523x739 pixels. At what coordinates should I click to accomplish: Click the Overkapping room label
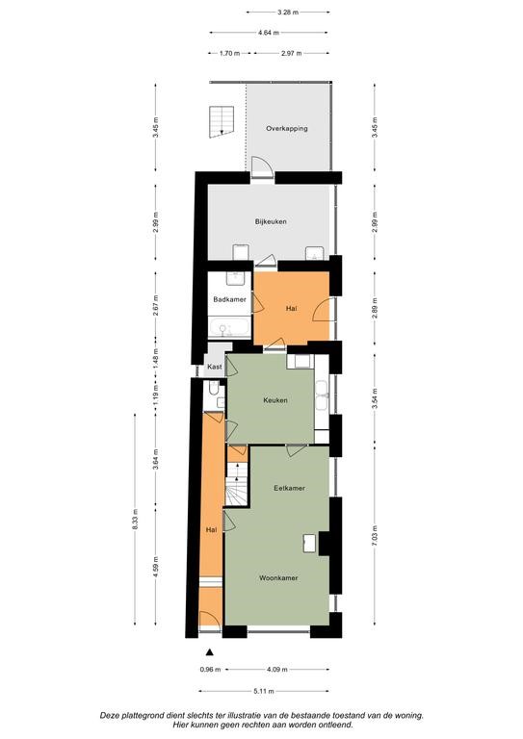pyautogui.click(x=287, y=128)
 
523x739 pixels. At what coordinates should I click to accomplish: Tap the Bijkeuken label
pyautogui.click(x=271, y=221)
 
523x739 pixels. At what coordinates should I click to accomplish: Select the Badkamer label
pyautogui.click(x=229, y=299)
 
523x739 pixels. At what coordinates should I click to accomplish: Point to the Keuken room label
pyautogui.click(x=275, y=400)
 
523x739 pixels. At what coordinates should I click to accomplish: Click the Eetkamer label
pyautogui.click(x=289, y=488)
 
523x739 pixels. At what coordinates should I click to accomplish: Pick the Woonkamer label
pyautogui.click(x=278, y=577)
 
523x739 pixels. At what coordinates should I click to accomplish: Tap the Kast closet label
pyautogui.click(x=215, y=367)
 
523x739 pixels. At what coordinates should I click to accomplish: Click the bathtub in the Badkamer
pyautogui.click(x=229, y=328)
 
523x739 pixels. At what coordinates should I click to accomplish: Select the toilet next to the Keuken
pyautogui.click(x=213, y=389)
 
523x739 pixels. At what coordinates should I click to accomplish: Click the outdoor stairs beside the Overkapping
pyautogui.click(x=222, y=121)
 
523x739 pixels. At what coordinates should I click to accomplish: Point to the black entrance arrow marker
pyautogui.click(x=209, y=652)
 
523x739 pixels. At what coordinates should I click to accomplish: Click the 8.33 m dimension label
pyautogui.click(x=135, y=520)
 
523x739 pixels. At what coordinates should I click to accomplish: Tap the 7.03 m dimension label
pyautogui.click(x=375, y=535)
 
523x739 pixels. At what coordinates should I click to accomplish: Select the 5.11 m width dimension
pyautogui.click(x=264, y=692)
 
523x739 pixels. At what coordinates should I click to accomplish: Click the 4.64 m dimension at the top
pyautogui.click(x=269, y=33)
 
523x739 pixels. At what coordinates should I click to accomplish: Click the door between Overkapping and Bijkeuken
pyautogui.click(x=262, y=167)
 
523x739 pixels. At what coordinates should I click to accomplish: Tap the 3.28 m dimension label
pyautogui.click(x=288, y=13)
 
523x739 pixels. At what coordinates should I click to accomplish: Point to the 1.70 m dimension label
pyautogui.click(x=229, y=53)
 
